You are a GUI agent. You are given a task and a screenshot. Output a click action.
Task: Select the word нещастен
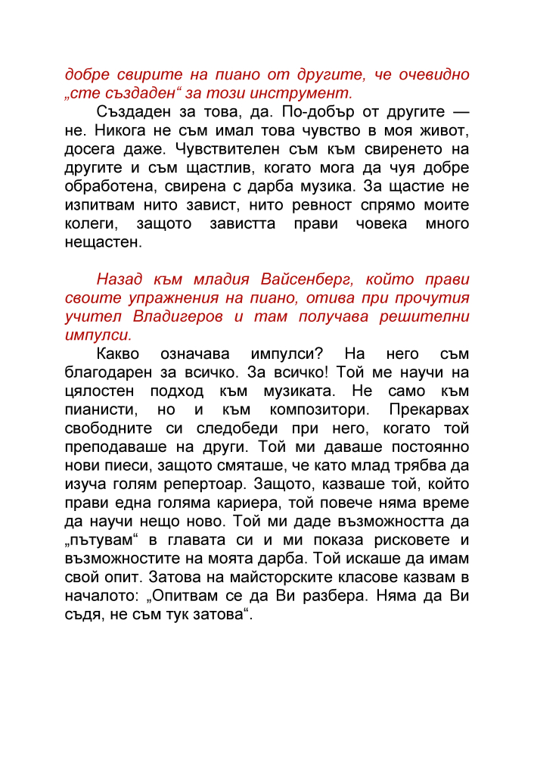[101, 241]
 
